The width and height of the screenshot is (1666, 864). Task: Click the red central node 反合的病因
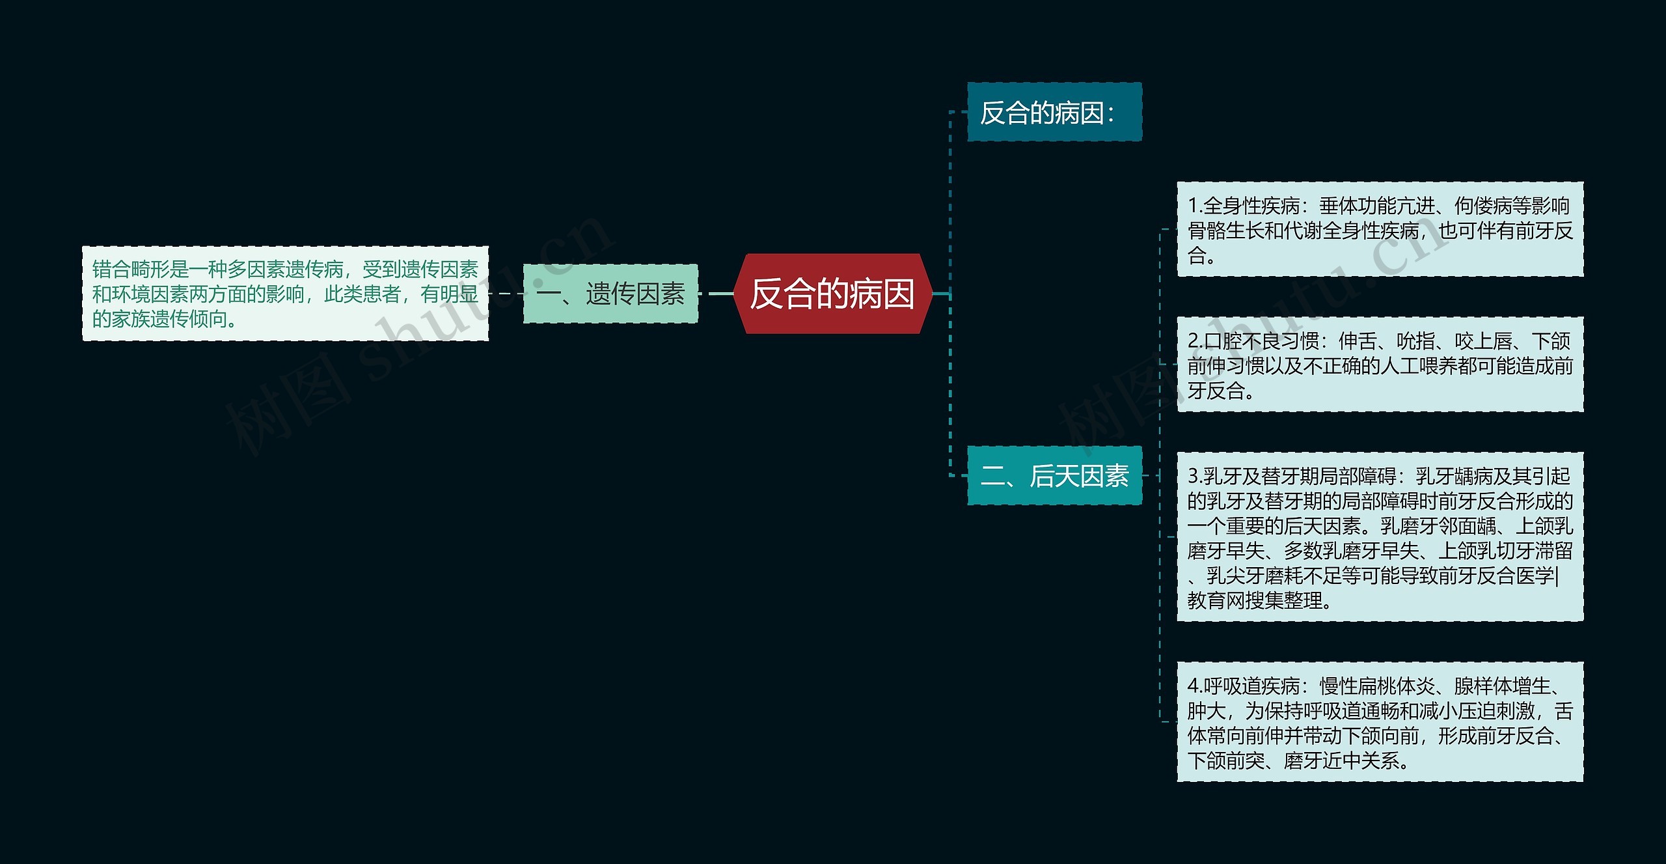[x=832, y=294]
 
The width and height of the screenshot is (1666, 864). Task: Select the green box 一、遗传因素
[x=610, y=294]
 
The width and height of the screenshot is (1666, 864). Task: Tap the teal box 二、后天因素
[x=1054, y=476]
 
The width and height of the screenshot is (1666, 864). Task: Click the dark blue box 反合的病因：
[x=1054, y=112]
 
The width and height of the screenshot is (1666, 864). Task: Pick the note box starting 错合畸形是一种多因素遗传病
[x=285, y=294]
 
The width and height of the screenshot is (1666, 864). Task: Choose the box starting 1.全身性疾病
[x=1380, y=230]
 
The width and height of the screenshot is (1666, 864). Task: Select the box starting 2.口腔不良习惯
[x=1380, y=365]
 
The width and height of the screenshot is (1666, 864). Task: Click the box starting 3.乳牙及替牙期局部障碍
[x=1380, y=537]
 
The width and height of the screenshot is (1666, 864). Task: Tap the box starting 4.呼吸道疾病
[x=1380, y=722]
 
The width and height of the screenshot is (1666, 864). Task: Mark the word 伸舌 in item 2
[x=1358, y=341]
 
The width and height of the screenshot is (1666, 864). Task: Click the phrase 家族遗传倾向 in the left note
[x=159, y=319]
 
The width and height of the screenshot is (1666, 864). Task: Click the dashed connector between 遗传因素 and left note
[x=506, y=294]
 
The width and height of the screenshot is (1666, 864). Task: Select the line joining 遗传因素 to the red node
[x=716, y=294]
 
